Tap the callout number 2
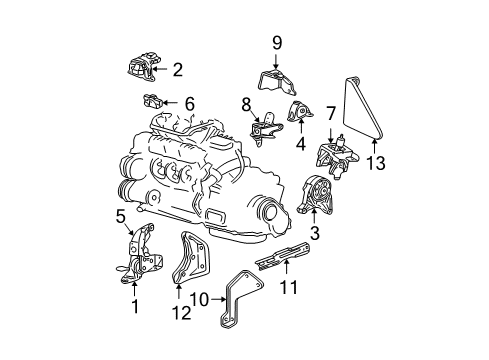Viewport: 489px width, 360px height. tap(177, 70)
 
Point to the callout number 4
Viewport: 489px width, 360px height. tap(299, 143)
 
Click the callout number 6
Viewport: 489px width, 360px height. tap(189, 102)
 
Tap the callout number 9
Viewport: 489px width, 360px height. tap(277, 43)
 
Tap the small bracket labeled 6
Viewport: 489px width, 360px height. tap(153, 102)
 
